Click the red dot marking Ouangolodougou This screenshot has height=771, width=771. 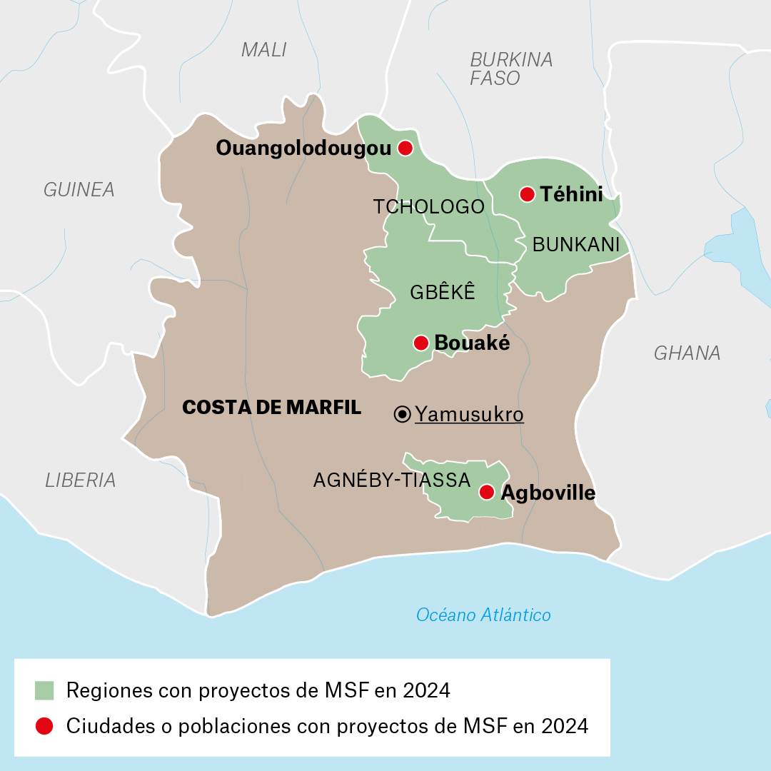(405, 148)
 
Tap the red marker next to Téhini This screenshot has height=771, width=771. (528, 194)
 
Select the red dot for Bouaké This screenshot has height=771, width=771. (421, 343)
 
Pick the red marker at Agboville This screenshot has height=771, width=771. (487, 492)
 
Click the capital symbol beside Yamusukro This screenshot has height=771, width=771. (403, 414)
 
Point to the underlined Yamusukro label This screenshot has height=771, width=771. (469, 415)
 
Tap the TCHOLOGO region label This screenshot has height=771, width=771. (428, 207)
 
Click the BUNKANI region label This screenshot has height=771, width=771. (575, 245)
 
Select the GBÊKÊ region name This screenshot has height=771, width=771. (442, 292)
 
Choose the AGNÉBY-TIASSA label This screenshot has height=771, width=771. (391, 480)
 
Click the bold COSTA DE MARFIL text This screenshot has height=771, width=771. (271, 408)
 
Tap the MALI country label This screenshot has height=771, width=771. (263, 50)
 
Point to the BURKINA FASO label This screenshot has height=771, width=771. (510, 69)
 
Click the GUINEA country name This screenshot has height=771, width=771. (79, 190)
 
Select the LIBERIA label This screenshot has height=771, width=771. (80, 480)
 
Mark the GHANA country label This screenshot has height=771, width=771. (687, 353)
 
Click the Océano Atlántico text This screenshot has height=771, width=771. (483, 615)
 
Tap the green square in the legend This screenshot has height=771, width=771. (44, 690)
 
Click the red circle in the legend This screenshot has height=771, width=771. (44, 726)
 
